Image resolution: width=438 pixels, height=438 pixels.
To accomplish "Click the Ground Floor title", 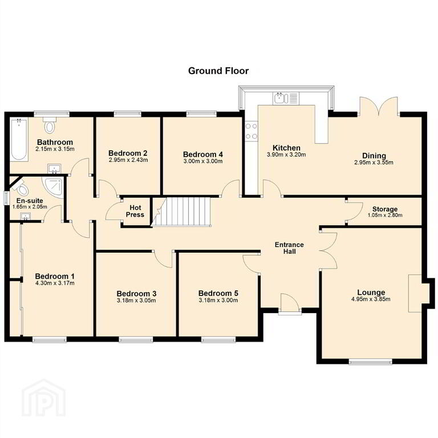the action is pyautogui.click(x=218, y=71).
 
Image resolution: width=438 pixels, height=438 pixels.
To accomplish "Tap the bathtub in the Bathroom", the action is pyautogui.click(x=19, y=139).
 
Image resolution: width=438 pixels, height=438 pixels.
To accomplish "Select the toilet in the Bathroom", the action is pyautogui.click(x=50, y=125).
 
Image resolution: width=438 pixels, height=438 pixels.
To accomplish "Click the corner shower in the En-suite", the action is pyautogui.click(x=52, y=186).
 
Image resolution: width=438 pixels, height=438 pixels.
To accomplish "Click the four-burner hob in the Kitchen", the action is pyautogui.click(x=251, y=131).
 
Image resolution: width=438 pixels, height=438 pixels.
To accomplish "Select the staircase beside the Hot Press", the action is pyautogui.click(x=180, y=211).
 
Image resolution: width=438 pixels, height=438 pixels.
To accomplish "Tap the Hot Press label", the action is pyautogui.click(x=135, y=211).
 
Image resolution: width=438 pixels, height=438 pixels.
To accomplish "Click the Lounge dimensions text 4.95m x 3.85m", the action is pyautogui.click(x=371, y=299).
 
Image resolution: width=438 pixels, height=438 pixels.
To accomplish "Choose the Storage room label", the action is pyautogui.click(x=384, y=209).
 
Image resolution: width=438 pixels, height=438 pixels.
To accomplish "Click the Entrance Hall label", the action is pyautogui.click(x=289, y=248).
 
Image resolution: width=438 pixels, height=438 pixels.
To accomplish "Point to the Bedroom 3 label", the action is pyautogui.click(x=136, y=294).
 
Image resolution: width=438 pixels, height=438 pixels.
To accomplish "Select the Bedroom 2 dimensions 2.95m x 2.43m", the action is pyautogui.click(x=128, y=160).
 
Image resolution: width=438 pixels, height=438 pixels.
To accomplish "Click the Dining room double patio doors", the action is pyautogui.click(x=379, y=106).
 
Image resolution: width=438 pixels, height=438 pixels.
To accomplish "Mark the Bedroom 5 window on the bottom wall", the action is pyautogui.click(x=218, y=340).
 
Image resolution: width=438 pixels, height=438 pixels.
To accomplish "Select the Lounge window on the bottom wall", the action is pyautogui.click(x=370, y=362).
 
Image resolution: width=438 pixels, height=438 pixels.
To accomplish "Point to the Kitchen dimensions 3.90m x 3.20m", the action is pyautogui.click(x=286, y=155).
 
